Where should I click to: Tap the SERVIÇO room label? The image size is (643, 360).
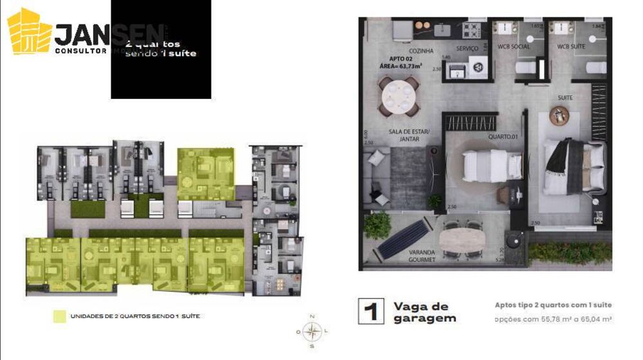click(x=467, y=48)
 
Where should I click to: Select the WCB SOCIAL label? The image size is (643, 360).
click(x=514, y=46)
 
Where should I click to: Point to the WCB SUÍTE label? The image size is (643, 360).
click(x=571, y=46)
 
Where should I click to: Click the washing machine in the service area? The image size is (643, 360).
click(x=478, y=67)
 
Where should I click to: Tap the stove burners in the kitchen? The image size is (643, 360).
click(x=472, y=29)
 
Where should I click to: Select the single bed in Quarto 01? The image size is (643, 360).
click(x=493, y=164)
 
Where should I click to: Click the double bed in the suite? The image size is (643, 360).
click(x=574, y=166)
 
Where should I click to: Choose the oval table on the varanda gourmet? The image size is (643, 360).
click(x=462, y=238)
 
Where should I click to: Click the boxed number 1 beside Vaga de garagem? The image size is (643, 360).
click(x=370, y=311)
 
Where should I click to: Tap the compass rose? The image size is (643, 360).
click(x=312, y=332)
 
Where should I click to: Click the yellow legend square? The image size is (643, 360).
click(x=59, y=316)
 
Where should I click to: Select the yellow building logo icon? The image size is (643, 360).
click(x=30, y=32)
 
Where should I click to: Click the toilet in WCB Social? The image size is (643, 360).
click(x=523, y=67)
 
